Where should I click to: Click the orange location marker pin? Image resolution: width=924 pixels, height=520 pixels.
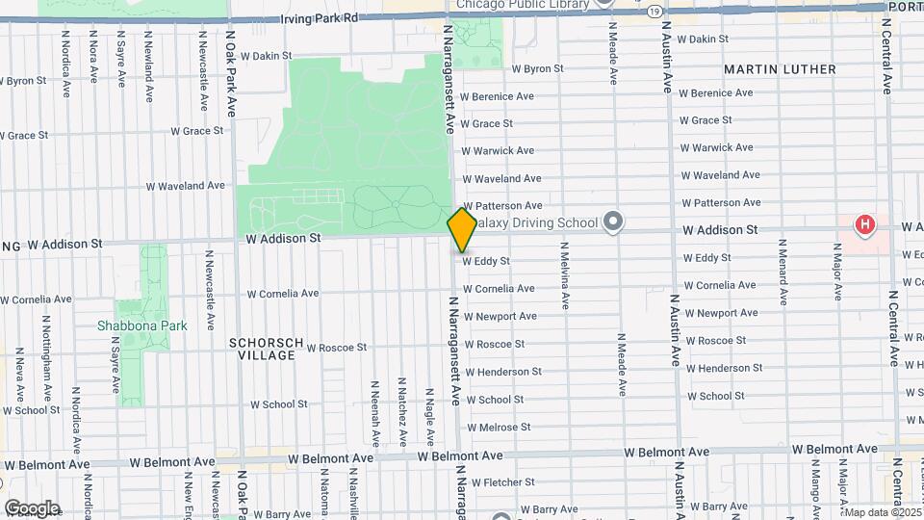[462, 229]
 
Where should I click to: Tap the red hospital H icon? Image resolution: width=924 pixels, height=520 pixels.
[865, 225]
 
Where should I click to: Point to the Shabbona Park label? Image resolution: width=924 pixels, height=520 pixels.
[141, 325]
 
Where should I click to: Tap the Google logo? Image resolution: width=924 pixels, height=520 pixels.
[32, 508]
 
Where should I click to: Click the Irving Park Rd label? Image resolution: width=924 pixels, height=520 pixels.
[318, 18]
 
